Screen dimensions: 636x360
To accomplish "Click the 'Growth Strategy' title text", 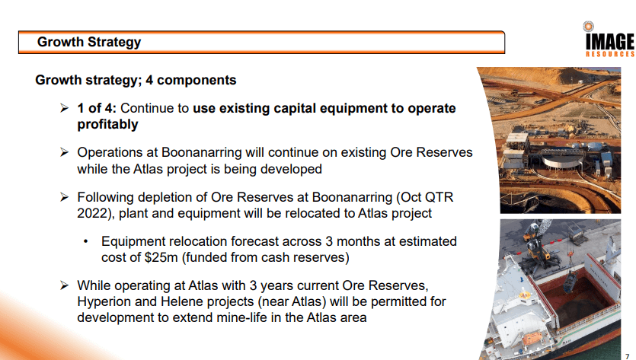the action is (x=89, y=42).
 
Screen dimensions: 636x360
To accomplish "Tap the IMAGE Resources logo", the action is (x=609, y=40).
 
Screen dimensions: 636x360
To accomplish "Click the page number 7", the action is (x=627, y=356).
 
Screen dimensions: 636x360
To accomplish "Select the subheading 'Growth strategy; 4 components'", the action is (x=136, y=80).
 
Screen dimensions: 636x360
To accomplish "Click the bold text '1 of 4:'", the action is (x=97, y=108).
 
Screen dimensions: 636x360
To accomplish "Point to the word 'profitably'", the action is (x=107, y=125).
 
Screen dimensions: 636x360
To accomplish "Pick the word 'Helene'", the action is (x=180, y=301).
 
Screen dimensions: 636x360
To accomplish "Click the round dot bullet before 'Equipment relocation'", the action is (x=85, y=241).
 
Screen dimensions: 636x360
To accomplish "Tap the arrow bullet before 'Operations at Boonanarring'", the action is (x=64, y=152).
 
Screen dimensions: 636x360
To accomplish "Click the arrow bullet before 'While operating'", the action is (x=64, y=285).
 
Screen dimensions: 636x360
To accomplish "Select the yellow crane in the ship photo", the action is (x=536, y=244).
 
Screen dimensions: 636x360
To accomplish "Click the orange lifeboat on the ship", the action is (x=532, y=338).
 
